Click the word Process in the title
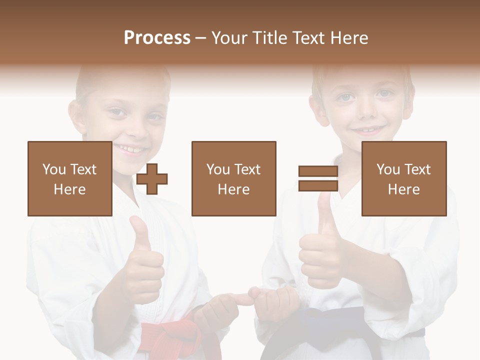pos(157,37)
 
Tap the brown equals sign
pos(318,178)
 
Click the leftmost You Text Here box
pos(69,178)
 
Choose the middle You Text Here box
pos(233,178)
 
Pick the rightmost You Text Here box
pos(403,178)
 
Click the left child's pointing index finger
pos(240,299)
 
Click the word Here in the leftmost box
pos(69,189)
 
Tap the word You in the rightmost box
pos(388,169)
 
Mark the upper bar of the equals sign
pos(318,171)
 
